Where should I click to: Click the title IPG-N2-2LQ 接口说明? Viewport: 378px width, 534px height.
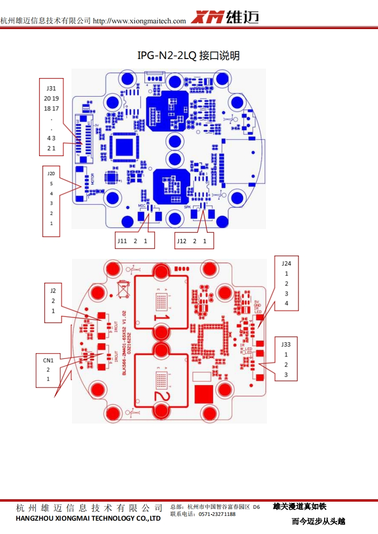click(189, 56)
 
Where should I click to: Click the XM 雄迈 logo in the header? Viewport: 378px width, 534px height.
click(225, 18)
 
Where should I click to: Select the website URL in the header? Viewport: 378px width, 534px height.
click(139, 21)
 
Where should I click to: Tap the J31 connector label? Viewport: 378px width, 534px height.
click(51, 89)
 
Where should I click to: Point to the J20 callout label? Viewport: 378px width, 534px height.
click(51, 174)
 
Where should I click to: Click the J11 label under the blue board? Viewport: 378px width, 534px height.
click(122, 241)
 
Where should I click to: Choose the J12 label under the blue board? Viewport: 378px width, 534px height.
click(182, 241)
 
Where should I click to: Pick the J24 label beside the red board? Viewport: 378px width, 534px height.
click(286, 263)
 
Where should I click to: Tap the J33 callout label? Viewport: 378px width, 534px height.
click(286, 344)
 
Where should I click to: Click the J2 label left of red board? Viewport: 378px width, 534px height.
click(53, 290)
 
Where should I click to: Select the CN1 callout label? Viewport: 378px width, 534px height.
click(48, 359)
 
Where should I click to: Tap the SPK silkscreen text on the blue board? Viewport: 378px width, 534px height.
click(188, 208)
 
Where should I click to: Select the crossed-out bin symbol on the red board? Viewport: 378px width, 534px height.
click(124, 288)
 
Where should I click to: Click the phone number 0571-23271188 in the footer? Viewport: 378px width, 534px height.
click(217, 514)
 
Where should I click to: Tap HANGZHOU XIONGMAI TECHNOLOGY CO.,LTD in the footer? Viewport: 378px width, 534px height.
click(88, 518)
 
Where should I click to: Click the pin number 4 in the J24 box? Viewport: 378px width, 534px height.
click(286, 304)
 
